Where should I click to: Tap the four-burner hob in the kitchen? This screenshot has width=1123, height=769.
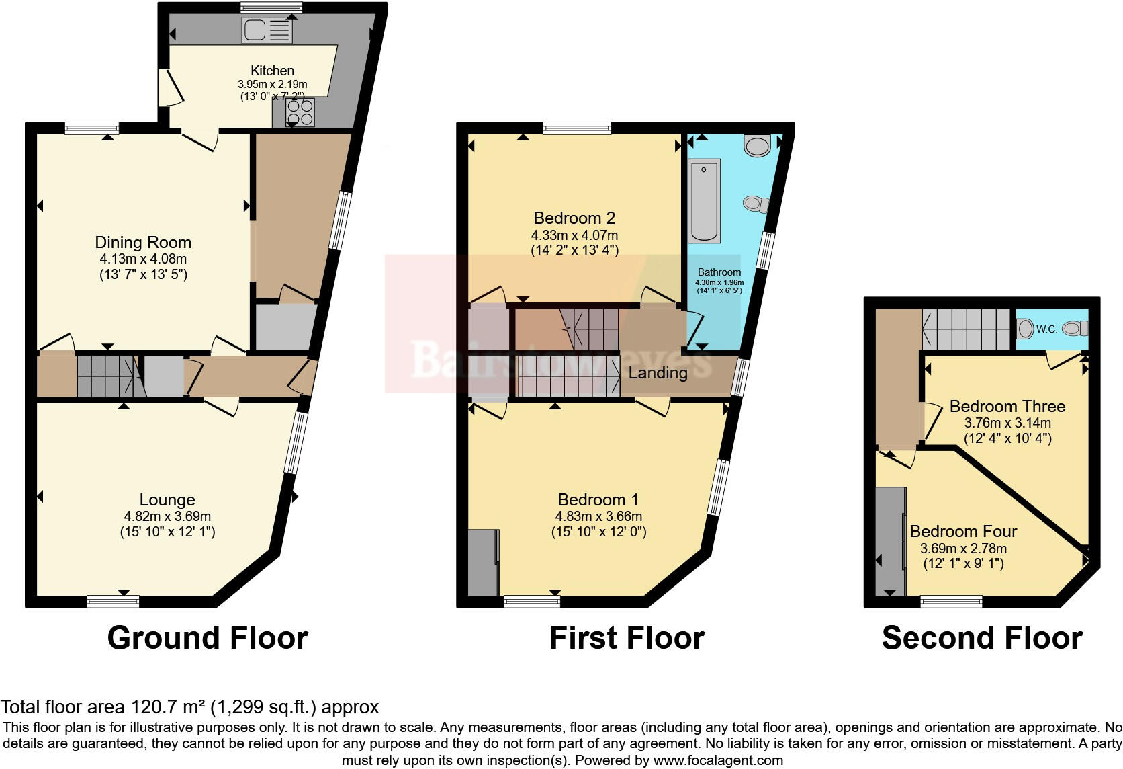click(300, 112)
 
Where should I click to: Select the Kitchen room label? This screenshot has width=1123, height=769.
click(272, 71)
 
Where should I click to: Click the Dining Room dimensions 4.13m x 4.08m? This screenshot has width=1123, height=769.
click(142, 259)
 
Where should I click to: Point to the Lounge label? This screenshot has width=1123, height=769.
click(167, 499)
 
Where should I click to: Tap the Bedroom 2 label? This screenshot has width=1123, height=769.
click(574, 218)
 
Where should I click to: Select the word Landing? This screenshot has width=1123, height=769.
click(658, 373)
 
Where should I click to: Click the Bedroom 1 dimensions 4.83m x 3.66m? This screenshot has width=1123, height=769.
click(598, 516)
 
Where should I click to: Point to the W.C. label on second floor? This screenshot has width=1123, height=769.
click(1046, 329)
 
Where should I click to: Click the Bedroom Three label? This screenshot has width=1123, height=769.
click(1007, 406)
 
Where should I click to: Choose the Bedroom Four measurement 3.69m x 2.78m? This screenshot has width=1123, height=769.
click(963, 549)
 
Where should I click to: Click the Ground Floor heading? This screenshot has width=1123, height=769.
click(208, 637)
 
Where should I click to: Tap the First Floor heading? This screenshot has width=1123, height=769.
click(627, 637)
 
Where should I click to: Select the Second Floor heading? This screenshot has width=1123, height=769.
click(982, 637)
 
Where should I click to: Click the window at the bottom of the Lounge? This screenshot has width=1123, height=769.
click(113, 600)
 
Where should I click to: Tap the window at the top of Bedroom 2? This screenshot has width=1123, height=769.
click(577, 128)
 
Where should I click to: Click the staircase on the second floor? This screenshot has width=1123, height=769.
click(965, 329)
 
